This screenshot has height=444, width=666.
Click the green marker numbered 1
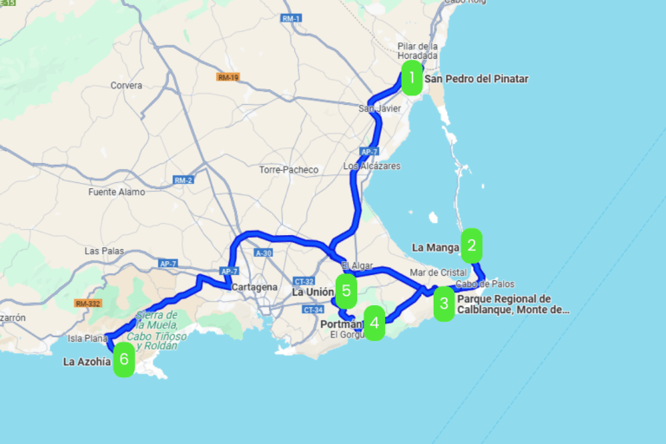412,78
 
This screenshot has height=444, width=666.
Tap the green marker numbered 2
472,245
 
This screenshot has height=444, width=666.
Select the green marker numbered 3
444,304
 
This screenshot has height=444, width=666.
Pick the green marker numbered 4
374,323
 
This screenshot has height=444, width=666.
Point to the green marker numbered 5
346,291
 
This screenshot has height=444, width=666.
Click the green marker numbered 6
124,359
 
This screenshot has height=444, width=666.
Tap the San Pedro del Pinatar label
475,79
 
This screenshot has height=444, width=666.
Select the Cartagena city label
254,287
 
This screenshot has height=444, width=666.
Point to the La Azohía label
87,362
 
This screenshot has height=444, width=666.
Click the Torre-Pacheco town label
289,170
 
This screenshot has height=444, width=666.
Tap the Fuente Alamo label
114,193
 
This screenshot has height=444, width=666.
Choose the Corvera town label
126,86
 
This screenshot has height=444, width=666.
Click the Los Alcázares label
373,166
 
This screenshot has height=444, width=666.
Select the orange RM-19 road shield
228,77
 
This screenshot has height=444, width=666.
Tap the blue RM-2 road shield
183,180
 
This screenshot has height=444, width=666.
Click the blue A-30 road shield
263,252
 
